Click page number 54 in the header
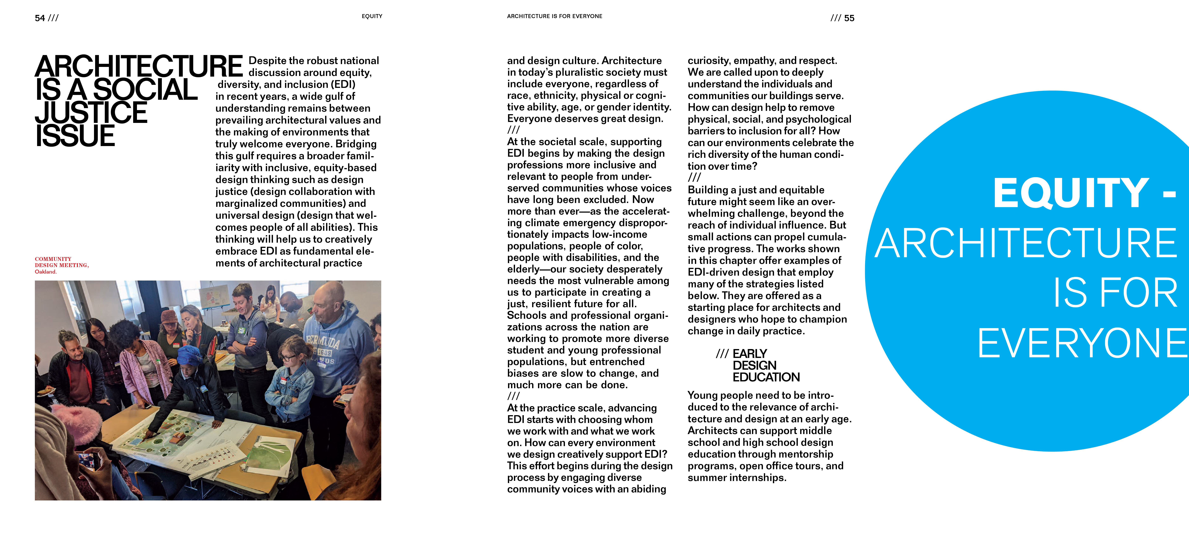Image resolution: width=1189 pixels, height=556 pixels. coord(40,18)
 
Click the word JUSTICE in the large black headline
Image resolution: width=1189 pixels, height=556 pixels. coord(91,112)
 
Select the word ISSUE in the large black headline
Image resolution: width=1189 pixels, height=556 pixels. coord(75,136)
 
